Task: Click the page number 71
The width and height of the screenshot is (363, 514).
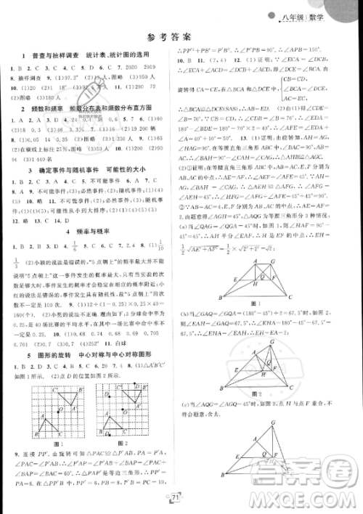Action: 176,495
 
